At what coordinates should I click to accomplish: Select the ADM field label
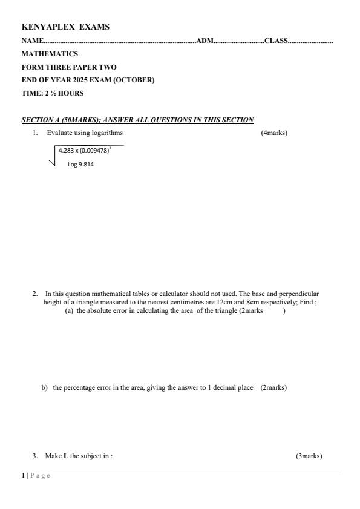205,41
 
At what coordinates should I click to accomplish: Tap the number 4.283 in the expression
67,151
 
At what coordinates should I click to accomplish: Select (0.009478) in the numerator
94,151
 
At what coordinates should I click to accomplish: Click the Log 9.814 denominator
80,164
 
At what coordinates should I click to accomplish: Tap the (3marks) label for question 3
309,456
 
